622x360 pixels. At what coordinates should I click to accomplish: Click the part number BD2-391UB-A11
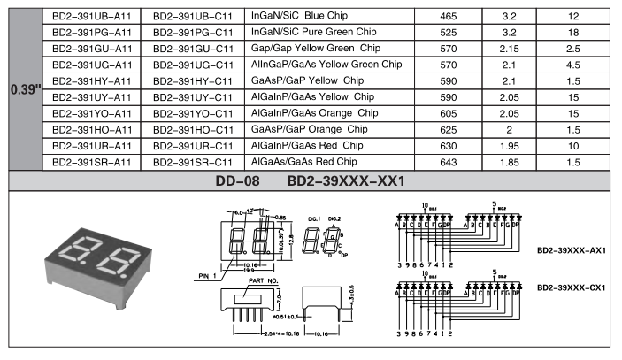click(91, 17)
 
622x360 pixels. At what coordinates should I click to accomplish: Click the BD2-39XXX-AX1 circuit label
click(571, 250)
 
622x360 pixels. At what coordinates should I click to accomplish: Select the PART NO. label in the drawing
click(265, 280)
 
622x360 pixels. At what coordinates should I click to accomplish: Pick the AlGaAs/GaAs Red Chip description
click(303, 162)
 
